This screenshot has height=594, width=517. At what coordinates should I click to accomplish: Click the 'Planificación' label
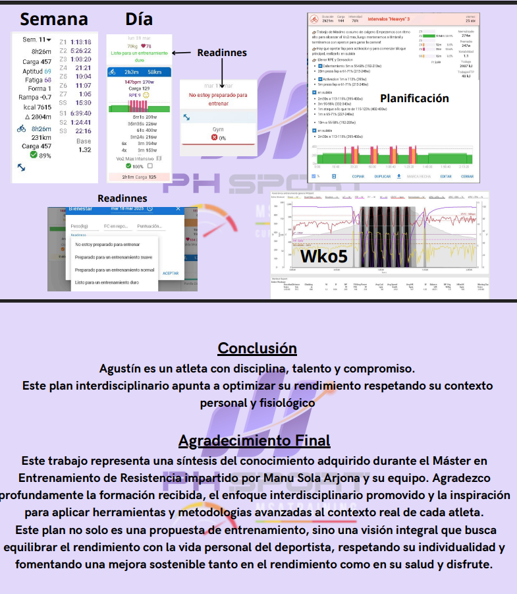[414, 98]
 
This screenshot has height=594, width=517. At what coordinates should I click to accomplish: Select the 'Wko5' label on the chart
[323, 255]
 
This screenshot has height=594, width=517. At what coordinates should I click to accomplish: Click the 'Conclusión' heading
[257, 347]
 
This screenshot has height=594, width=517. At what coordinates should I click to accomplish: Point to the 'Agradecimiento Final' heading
[254, 440]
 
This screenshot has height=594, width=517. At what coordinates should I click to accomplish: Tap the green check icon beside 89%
[25, 156]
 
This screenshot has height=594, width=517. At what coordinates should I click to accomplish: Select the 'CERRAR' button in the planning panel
[467, 177]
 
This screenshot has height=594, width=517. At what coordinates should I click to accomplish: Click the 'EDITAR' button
[445, 177]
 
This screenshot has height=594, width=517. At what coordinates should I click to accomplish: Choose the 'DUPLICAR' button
[383, 177]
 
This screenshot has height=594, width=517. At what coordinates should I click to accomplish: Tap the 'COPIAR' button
[358, 177]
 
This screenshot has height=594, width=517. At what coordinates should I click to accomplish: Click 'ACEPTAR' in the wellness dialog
[170, 273]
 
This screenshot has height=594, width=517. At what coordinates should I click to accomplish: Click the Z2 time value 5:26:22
[80, 50]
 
